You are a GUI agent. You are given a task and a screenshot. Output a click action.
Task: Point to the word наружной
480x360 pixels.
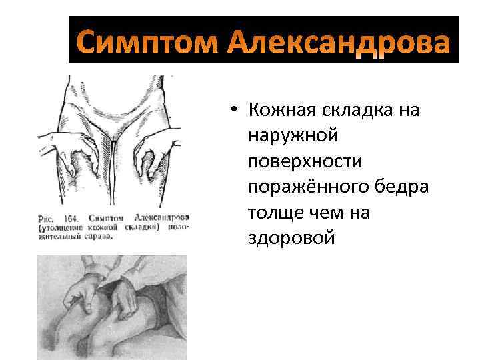pos(293,135)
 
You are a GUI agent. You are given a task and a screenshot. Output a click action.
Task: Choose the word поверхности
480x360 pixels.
pos(306,161)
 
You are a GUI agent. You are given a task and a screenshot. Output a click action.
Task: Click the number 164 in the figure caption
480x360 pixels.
pos(72,217)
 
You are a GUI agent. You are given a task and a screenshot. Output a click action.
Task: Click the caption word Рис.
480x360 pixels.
pos(48,217)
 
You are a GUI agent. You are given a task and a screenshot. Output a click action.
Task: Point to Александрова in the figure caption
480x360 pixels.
pos(161,217)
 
